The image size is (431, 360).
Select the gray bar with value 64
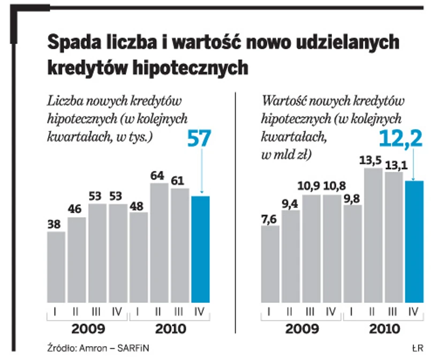pyautogui.click(x=159, y=243)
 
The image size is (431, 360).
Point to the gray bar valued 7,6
pyautogui.click(x=270, y=264)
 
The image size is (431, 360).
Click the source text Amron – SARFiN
pyautogui.click(x=113, y=348)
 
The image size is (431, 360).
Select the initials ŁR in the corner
pyautogui.click(x=418, y=348)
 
